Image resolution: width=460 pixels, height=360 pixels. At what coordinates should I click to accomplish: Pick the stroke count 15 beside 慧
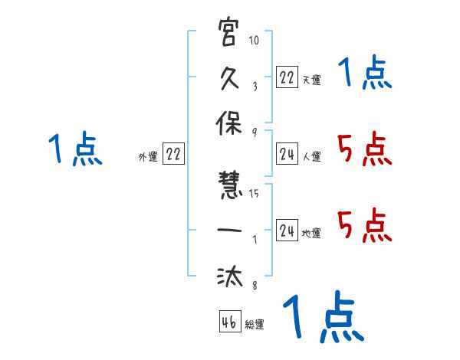[x=254, y=194]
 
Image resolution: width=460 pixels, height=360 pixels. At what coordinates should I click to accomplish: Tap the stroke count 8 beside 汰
[x=254, y=286]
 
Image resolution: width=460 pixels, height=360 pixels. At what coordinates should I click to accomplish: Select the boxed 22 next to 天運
[x=287, y=77]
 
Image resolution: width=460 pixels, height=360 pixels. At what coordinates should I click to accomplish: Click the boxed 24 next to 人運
[x=287, y=154]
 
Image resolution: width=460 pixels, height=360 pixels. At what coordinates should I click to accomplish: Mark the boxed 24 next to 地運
[x=287, y=231]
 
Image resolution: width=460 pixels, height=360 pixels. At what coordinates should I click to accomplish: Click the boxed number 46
[x=229, y=322]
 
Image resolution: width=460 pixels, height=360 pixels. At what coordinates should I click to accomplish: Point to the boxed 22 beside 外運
[x=173, y=154]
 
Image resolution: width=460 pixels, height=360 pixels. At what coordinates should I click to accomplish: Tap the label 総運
[x=255, y=325]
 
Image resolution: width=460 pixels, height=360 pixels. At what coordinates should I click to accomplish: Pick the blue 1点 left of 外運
[x=75, y=149]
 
